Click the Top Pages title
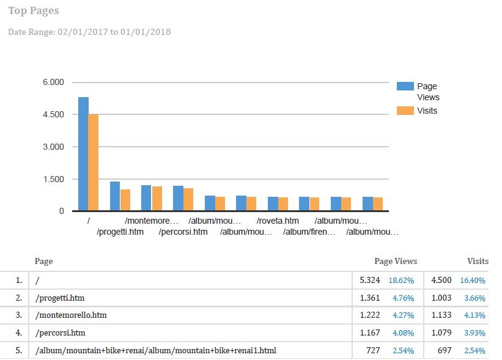pyautogui.click(x=34, y=11)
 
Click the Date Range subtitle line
pyautogui.click(x=89, y=31)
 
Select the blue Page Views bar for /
pyautogui.click(x=83, y=154)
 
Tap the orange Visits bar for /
pyautogui.click(x=94, y=163)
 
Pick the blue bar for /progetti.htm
pyautogui.click(x=115, y=196)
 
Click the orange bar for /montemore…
pyautogui.click(x=157, y=199)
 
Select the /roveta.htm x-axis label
pyautogui.click(x=278, y=221)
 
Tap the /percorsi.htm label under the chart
pyautogui.click(x=183, y=232)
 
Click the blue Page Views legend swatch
pyautogui.click(x=405, y=86)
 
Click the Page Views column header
pyautogui.click(x=396, y=261)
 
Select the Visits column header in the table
pyautogui.click(x=478, y=261)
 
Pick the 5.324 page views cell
pyautogui.click(x=369, y=280)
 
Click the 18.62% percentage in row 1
pyautogui.click(x=402, y=281)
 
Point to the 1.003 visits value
pyautogui.click(x=441, y=298)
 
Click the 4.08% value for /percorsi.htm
pyautogui.click(x=402, y=333)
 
